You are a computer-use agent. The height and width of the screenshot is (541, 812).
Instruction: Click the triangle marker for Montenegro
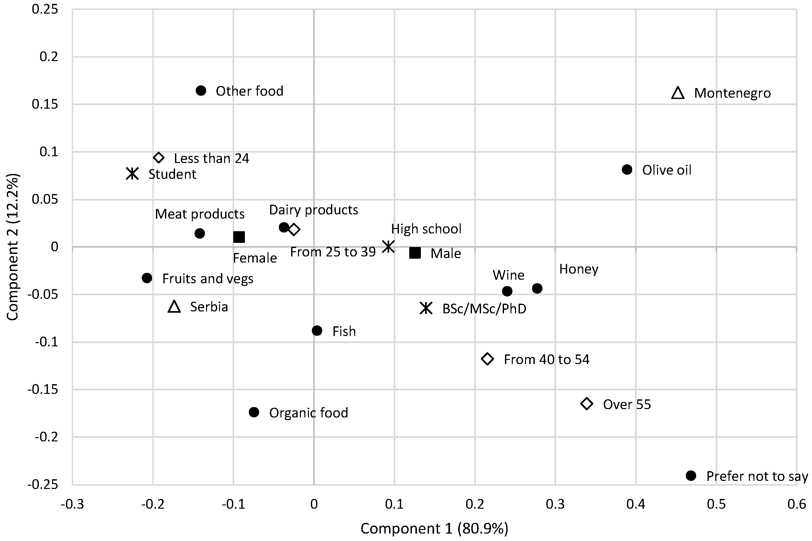677,93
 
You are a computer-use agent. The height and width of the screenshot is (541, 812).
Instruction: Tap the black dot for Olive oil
627,169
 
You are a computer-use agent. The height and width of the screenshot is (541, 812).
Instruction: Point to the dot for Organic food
254,412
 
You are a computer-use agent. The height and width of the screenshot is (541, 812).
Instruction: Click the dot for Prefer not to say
691,475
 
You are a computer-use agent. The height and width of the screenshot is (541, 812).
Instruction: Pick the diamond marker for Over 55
587,404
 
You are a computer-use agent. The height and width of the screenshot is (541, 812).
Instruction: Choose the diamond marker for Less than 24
159,158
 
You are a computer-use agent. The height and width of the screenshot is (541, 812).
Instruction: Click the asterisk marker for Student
133,174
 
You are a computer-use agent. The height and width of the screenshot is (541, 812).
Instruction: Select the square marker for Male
415,253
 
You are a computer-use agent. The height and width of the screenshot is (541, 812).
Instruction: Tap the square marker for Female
239,237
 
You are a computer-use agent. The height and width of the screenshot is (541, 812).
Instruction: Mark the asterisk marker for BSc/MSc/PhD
426,308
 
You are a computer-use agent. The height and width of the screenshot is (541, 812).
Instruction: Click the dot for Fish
317,330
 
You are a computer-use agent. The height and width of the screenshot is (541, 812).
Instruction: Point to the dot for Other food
201,91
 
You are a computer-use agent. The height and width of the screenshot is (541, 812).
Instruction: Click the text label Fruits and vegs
208,279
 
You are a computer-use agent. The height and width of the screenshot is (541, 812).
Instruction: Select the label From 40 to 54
546,360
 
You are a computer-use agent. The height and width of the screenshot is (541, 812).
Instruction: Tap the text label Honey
579,269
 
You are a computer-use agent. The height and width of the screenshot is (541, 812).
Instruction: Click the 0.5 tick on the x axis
716,504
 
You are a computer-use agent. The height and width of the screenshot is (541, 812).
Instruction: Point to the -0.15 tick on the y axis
43,390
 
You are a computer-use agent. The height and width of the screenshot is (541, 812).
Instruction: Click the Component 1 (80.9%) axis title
434,529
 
